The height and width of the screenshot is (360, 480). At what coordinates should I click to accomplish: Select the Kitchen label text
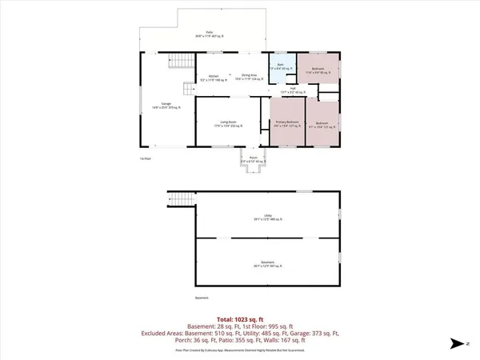[x=214, y=78]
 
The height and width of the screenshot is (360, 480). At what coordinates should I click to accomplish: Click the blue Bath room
[x=280, y=67]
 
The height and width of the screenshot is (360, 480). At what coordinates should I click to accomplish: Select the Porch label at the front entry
[x=252, y=159]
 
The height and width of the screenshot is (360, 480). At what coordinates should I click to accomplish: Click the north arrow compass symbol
[x=459, y=344]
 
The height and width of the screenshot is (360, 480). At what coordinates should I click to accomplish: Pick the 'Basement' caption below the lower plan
[x=202, y=298]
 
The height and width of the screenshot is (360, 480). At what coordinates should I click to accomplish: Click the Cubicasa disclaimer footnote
[x=239, y=349]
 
